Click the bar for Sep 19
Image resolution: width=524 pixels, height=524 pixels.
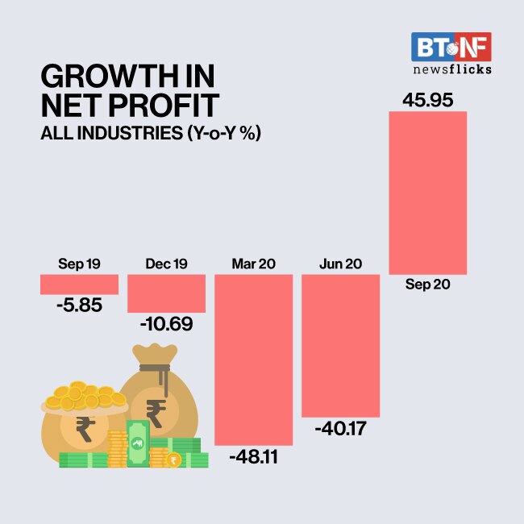(x=79, y=284)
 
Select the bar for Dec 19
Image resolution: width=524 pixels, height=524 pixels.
(x=166, y=293)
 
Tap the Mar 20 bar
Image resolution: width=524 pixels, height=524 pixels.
(x=253, y=360)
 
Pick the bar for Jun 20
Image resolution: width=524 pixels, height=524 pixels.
(x=340, y=345)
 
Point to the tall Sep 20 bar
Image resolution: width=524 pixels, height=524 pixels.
(x=427, y=193)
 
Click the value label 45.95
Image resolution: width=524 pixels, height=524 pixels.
(x=427, y=101)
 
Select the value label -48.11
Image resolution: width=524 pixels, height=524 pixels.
(x=253, y=458)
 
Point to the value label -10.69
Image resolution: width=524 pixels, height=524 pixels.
(x=166, y=324)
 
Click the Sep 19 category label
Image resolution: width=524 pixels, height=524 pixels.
(x=79, y=264)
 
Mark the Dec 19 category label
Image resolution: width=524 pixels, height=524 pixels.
(x=166, y=264)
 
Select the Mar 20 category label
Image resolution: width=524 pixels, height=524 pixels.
(x=253, y=264)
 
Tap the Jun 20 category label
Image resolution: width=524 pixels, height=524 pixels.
(x=340, y=264)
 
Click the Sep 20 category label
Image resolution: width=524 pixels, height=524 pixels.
(x=427, y=285)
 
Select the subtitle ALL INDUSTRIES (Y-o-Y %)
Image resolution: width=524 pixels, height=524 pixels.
(x=152, y=132)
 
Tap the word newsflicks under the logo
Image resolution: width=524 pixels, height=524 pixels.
(x=451, y=69)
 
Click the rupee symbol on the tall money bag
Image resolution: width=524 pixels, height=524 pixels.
(x=156, y=412)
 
